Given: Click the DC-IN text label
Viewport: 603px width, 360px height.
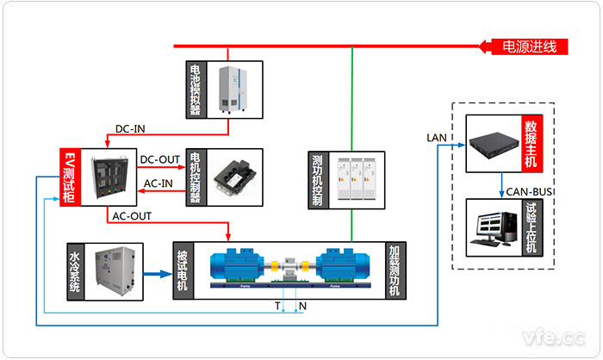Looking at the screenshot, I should point(130,129).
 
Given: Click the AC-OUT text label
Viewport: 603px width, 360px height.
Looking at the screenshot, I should point(130,215).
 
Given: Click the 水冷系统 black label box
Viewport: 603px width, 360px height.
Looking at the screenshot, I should point(77,270).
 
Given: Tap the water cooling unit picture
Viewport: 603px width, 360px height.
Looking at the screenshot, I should point(118,270).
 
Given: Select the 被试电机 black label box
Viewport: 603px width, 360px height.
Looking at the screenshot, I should point(183,270).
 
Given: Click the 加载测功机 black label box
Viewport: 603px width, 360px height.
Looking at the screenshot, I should point(394,270).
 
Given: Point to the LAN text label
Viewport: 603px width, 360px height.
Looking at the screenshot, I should point(436,137).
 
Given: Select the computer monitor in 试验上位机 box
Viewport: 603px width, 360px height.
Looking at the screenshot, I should point(491,227).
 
